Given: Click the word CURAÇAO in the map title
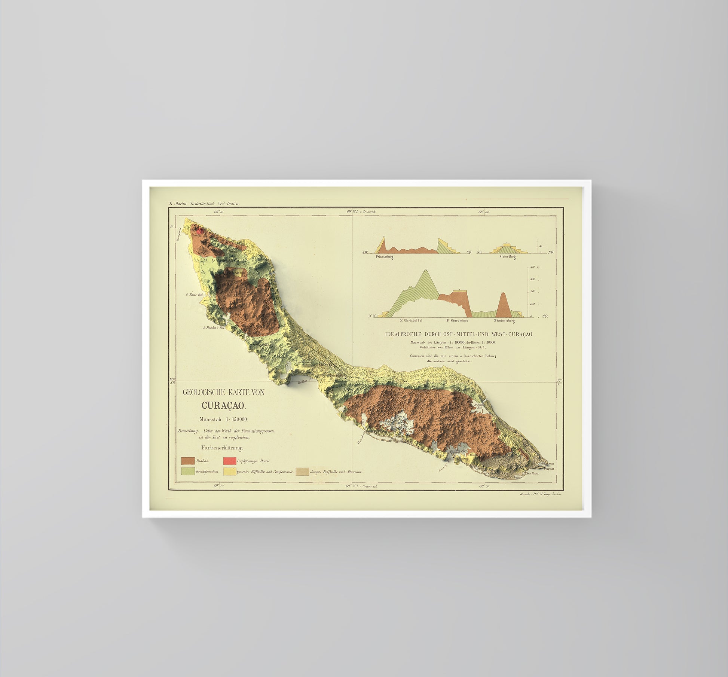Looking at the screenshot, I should (x=223, y=405).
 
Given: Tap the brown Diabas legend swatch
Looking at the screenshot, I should (x=188, y=461).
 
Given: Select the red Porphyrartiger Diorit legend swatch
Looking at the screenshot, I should (x=230, y=461).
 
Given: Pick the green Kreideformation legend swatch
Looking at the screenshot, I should (x=188, y=472).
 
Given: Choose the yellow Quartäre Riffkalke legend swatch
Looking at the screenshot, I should (x=230, y=472).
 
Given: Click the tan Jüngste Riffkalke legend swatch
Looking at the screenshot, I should (x=302, y=472).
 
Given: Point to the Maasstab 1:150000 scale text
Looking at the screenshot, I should (x=223, y=419).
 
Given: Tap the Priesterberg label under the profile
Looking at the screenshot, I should (x=384, y=257).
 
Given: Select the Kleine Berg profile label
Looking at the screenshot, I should (x=507, y=257).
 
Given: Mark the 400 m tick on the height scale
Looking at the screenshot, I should (x=532, y=268).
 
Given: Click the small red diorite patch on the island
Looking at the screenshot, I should (x=201, y=231).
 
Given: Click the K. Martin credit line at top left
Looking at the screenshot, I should (x=204, y=204).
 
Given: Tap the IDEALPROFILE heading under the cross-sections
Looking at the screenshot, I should (x=459, y=335).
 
